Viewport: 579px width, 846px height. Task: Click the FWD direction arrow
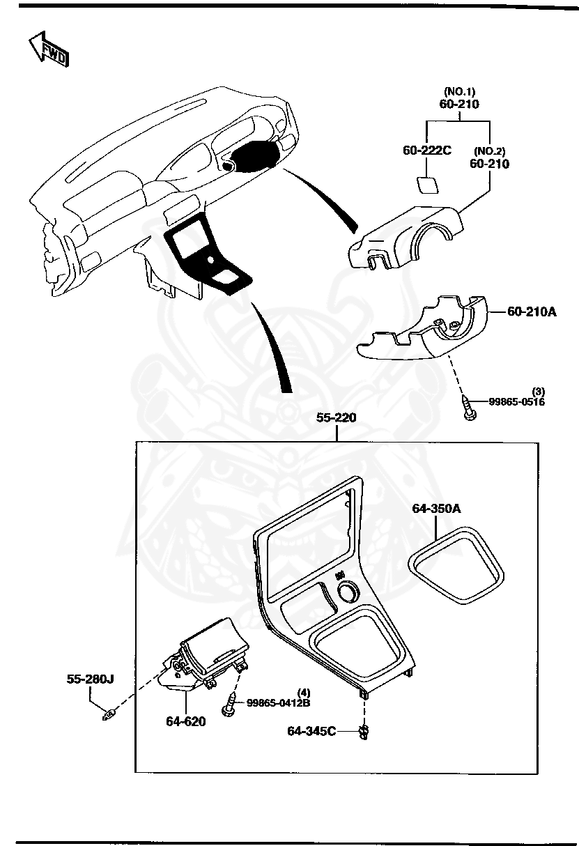pyautogui.click(x=47, y=49)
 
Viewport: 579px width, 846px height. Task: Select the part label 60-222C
pyautogui.click(x=426, y=150)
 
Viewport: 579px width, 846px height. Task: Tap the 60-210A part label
pyautogui.click(x=531, y=312)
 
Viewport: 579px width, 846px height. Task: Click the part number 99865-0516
pyautogui.click(x=516, y=402)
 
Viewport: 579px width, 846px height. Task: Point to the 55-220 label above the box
pyautogui.click(x=337, y=418)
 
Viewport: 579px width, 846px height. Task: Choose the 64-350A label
pyautogui.click(x=436, y=509)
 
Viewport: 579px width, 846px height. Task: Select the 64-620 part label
pyautogui.click(x=185, y=721)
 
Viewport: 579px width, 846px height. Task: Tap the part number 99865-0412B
pyautogui.click(x=279, y=702)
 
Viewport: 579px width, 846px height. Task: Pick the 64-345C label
pyautogui.click(x=311, y=730)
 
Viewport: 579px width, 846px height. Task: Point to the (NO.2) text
pyautogui.click(x=489, y=151)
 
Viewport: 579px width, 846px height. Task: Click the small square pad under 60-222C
pyautogui.click(x=426, y=184)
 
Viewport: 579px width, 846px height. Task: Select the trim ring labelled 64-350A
pyautogui.click(x=456, y=565)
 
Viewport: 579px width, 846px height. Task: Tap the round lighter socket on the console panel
pyautogui.click(x=346, y=593)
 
